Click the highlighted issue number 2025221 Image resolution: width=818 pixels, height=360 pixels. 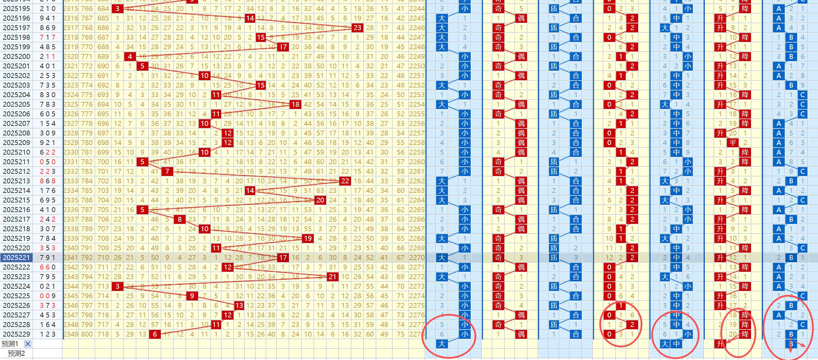16,257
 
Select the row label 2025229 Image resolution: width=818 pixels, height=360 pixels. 16,334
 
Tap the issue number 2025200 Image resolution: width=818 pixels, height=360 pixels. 16,56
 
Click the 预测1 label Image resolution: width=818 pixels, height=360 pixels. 10,344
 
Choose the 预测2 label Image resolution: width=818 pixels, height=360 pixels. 16,353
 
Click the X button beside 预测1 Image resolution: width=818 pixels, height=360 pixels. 28,344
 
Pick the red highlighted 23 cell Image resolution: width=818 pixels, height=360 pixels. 357,28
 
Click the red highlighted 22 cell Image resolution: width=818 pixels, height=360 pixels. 345,181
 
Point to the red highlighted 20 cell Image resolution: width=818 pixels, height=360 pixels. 320,200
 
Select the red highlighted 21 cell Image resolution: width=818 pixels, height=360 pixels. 332,277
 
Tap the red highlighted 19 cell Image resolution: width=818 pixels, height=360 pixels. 307,238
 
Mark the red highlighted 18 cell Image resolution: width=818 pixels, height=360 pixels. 295,104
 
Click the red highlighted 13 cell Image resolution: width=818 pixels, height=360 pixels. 239,305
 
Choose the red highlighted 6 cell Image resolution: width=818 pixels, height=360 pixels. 155,334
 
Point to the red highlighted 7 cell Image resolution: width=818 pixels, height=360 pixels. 167,171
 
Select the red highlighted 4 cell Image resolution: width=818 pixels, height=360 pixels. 130,56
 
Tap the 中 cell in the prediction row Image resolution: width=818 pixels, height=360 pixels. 676,344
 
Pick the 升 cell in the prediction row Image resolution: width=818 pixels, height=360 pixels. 720,344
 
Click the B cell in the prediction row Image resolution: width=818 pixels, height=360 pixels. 791,344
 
